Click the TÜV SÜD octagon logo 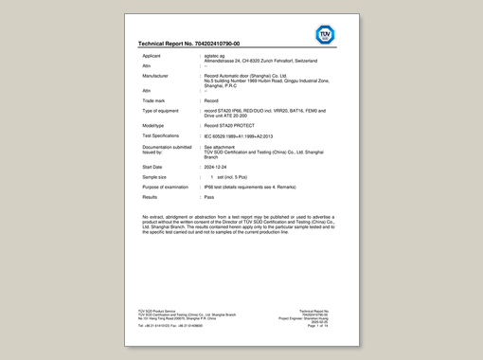(324, 35)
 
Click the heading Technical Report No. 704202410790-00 (188, 44)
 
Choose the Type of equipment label (161, 111)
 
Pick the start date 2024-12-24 (217, 166)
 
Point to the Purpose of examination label (166, 187)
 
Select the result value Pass (209, 197)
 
